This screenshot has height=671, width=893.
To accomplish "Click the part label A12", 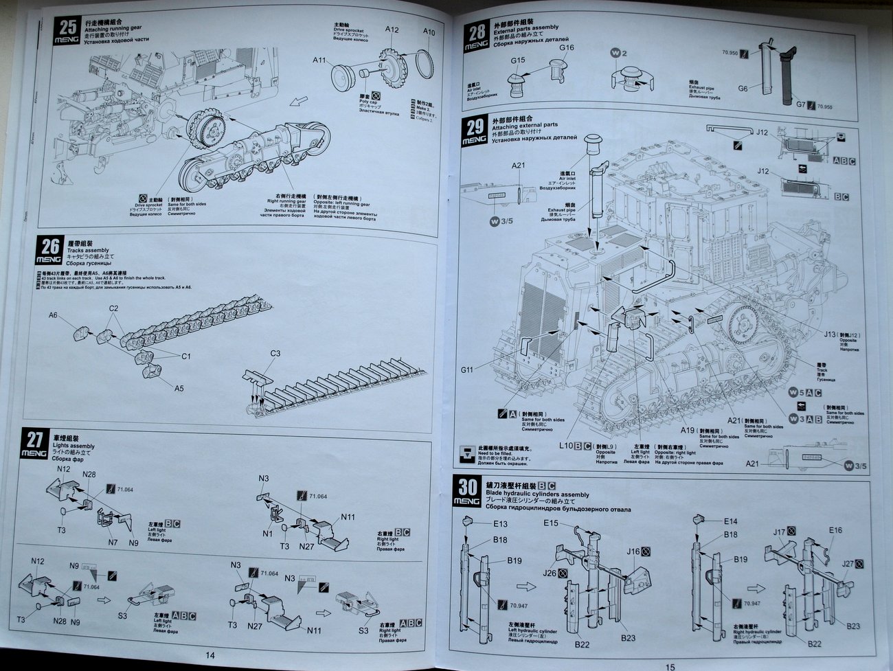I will (x=392, y=30).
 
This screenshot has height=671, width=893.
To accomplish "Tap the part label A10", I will (x=429, y=32).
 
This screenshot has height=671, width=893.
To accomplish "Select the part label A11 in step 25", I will (x=319, y=60).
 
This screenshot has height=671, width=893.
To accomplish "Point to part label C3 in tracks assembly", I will (x=275, y=354).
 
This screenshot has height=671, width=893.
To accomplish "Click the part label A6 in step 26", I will (x=54, y=315).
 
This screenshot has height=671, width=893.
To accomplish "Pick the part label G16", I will (x=566, y=47).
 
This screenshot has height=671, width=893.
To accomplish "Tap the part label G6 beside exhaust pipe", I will (x=743, y=89).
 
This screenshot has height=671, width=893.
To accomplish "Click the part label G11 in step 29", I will (x=467, y=370).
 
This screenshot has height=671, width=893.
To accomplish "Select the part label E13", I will (x=500, y=524).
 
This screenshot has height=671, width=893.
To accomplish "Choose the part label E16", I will (x=835, y=530).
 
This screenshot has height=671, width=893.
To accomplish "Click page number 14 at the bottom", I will (x=210, y=655).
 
